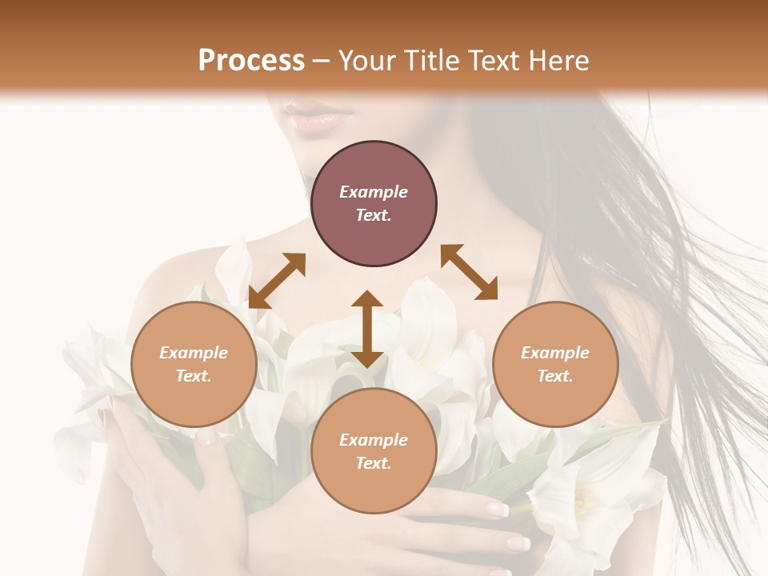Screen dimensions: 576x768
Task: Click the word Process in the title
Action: [251, 61]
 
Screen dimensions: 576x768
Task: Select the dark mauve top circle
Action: [374, 204]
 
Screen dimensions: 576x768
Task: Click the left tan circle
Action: [194, 364]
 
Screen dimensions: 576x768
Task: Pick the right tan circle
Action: [555, 364]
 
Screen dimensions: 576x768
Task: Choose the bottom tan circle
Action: [374, 451]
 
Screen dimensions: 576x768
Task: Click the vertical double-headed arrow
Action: [367, 329]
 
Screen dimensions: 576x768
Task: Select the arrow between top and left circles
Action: [277, 280]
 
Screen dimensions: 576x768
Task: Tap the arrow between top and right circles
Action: [470, 272]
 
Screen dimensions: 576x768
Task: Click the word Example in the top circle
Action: [374, 192]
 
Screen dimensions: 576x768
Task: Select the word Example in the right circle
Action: [555, 353]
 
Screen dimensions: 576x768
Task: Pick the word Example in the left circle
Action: [194, 353]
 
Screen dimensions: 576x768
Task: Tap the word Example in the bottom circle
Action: [374, 440]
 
